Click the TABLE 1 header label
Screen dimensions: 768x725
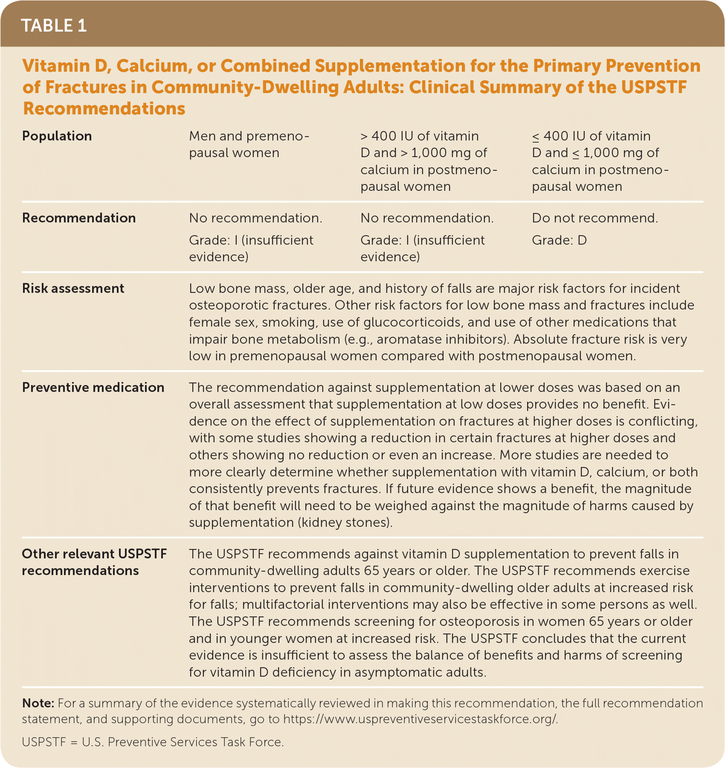[x=54, y=26]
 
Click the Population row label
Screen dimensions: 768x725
[x=57, y=136]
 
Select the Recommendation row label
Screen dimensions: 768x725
[x=79, y=218]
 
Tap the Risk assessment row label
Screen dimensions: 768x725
[x=73, y=288]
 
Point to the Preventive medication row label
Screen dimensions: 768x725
[x=93, y=387]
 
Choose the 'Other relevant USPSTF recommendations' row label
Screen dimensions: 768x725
[x=94, y=562]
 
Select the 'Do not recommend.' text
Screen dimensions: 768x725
[x=594, y=218]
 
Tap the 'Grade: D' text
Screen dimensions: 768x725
[x=559, y=240]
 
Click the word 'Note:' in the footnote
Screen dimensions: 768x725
[x=38, y=703]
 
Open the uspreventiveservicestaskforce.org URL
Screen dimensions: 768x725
[x=420, y=719]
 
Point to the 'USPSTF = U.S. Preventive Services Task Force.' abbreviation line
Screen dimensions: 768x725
[x=153, y=742]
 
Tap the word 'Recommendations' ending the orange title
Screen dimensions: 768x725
[x=104, y=108]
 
